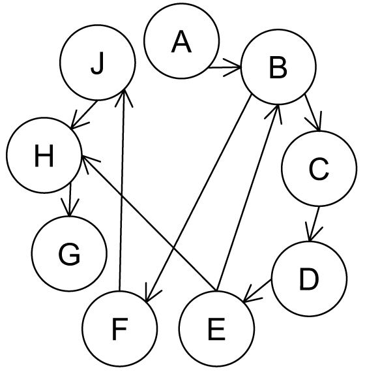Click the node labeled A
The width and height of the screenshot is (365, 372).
click(182, 41)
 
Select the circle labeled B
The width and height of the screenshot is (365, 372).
click(278, 67)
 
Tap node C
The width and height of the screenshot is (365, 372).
click(319, 168)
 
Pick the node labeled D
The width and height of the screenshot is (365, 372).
click(309, 279)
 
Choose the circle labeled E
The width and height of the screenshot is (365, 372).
click(216, 328)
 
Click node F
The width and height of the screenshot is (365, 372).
click(120, 328)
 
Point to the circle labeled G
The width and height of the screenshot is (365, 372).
click(69, 254)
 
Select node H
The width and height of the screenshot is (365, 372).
click(44, 155)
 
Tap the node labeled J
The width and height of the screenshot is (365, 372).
click(98, 63)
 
